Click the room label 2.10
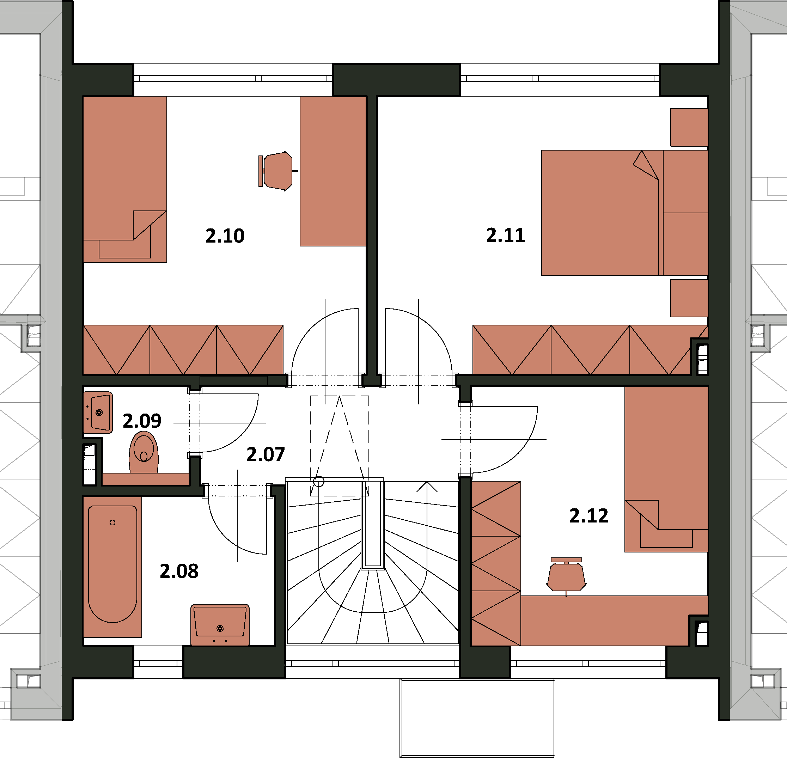[x=225, y=236]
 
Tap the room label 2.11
[x=506, y=235]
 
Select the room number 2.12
[x=589, y=515]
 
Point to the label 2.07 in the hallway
[x=266, y=454]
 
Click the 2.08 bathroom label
[x=179, y=571]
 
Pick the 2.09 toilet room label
[x=142, y=421]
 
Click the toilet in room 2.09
[x=144, y=452]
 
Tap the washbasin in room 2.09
[x=98, y=412]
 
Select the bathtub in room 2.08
[x=112, y=567]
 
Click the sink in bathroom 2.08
[x=220, y=625]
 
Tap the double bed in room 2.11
[x=624, y=213]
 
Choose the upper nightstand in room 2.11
[x=689, y=127]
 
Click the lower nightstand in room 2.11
[x=689, y=298]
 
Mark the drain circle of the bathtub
[x=112, y=522]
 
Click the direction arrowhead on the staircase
[x=427, y=487]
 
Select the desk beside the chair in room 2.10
[x=333, y=171]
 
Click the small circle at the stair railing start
[x=318, y=481]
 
